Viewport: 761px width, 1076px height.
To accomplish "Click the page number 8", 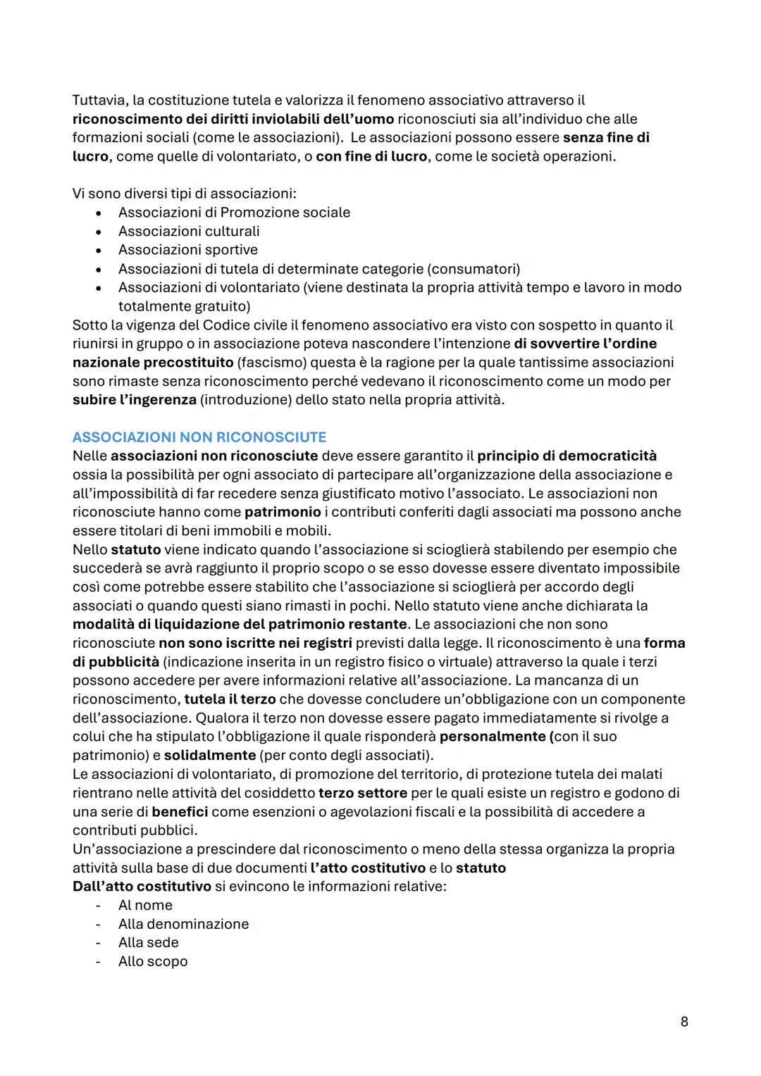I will click(683, 1021).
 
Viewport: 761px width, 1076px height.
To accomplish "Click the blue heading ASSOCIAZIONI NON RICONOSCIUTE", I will click(199, 437).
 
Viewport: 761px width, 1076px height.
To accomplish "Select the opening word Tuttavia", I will click(101, 100).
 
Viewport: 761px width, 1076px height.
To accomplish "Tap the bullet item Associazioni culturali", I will click(189, 231).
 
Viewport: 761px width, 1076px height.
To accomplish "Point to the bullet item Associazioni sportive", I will click(188, 250).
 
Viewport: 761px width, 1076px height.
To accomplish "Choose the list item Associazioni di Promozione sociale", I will click(234, 213).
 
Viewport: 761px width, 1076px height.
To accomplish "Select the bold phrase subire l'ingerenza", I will click(134, 400).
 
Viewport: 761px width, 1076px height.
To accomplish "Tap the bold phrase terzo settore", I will click(362, 793).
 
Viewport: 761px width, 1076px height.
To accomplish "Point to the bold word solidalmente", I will click(209, 756).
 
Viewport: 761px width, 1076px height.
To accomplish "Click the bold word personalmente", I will click(492, 737).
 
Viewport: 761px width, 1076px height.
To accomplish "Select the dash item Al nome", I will click(145, 906).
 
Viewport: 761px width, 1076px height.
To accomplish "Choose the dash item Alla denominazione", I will click(183, 924).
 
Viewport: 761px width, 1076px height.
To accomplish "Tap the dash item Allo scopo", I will click(153, 962).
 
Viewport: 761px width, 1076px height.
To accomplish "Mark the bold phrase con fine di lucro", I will click(371, 156).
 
